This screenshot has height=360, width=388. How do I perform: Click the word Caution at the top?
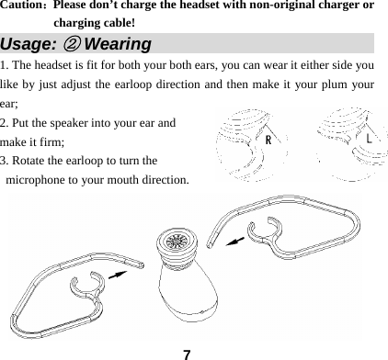(x=22, y=6)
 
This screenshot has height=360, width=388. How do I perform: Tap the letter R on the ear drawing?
(x=268, y=141)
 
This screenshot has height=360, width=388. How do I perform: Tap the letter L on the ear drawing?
(x=367, y=139)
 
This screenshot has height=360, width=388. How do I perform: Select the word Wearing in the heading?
(x=117, y=44)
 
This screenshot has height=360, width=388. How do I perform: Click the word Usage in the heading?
(x=28, y=44)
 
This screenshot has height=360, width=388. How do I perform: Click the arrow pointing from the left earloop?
(x=117, y=273)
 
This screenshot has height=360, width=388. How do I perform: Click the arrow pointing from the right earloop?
(x=236, y=240)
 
